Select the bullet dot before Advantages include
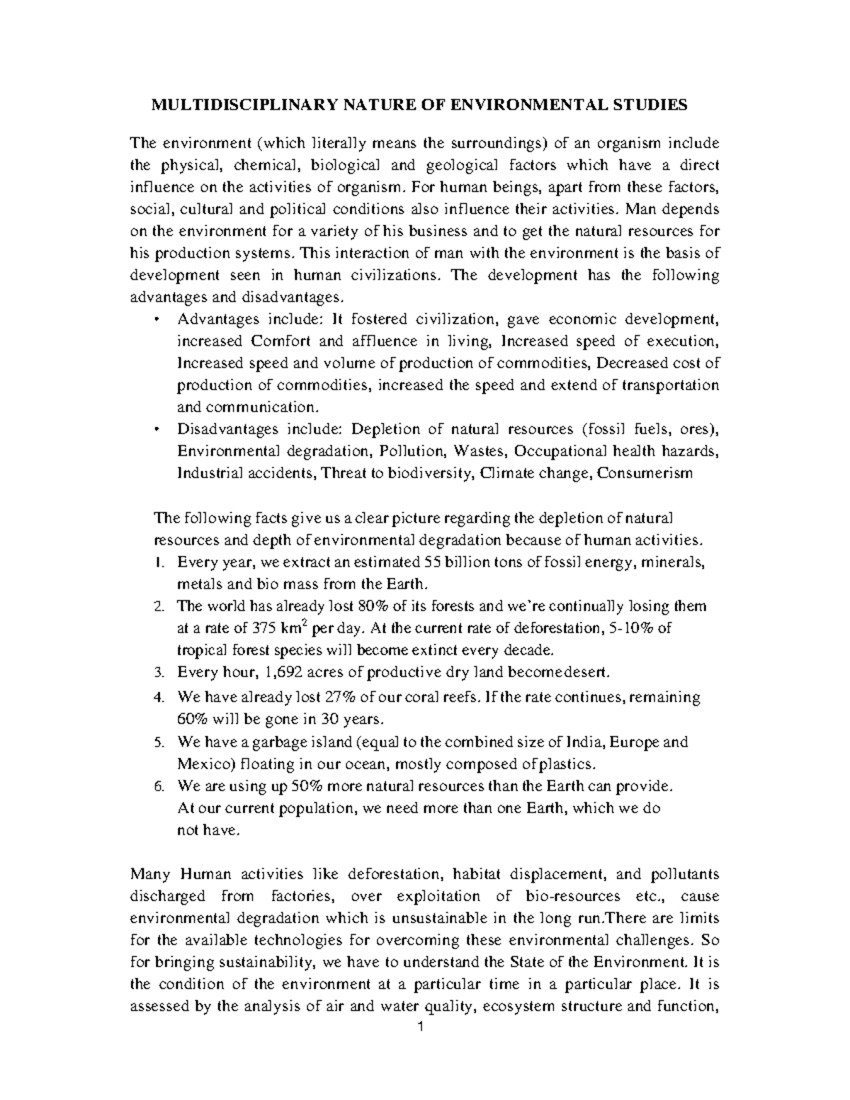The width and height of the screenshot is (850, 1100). [157, 319]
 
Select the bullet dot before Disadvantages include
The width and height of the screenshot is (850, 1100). [157, 430]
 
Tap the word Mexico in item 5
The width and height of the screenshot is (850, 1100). [200, 764]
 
